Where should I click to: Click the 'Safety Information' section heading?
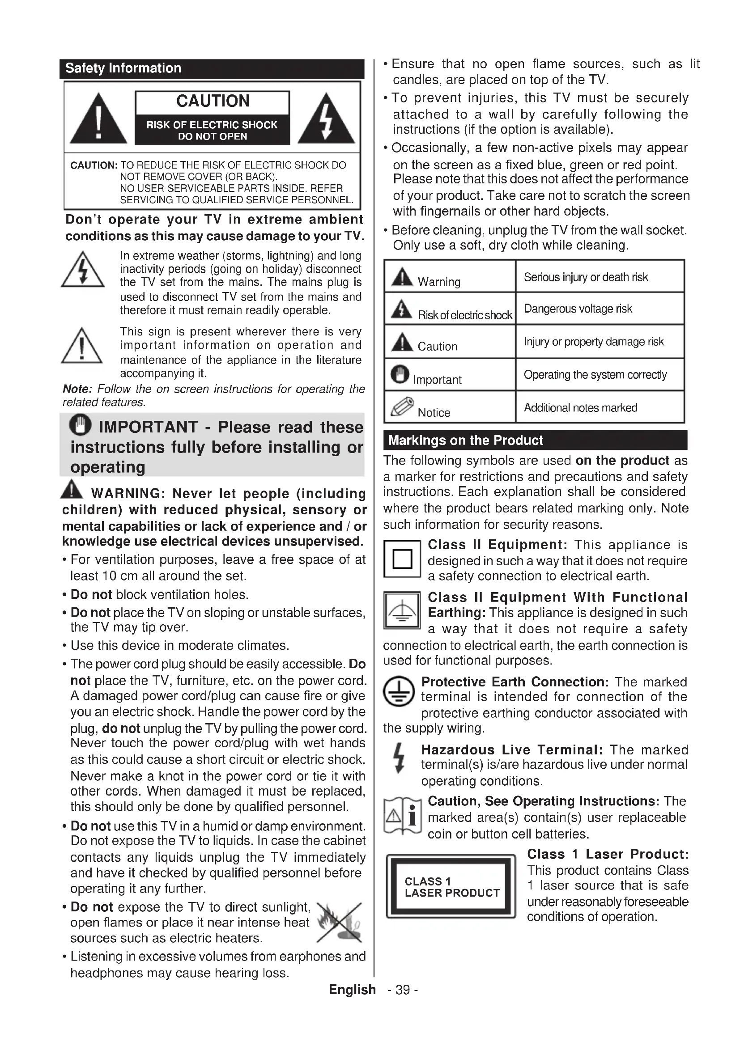(x=123, y=68)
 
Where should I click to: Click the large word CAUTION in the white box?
(x=213, y=101)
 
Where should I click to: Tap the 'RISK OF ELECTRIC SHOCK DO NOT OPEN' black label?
(x=212, y=130)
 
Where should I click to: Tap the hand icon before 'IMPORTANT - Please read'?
(x=80, y=425)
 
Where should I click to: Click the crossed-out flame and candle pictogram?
(x=340, y=923)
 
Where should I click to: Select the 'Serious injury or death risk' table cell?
(x=600, y=277)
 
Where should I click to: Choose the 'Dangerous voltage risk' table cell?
(x=600, y=309)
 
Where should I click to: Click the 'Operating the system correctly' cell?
(x=600, y=374)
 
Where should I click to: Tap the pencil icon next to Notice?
(x=402, y=407)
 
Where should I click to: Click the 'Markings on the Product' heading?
(x=465, y=440)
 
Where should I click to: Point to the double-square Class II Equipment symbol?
(x=402, y=559)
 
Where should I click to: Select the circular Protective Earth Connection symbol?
(x=399, y=690)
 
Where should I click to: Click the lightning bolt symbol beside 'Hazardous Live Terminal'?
(x=399, y=758)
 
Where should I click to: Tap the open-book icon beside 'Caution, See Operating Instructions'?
(x=402, y=817)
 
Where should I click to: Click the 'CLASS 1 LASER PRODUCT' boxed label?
(x=451, y=886)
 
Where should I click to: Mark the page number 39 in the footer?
(x=402, y=990)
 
